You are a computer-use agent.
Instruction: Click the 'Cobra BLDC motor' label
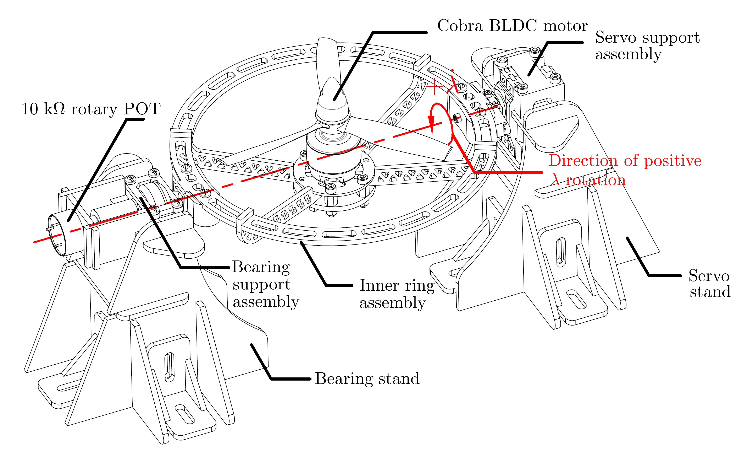(x=512, y=26)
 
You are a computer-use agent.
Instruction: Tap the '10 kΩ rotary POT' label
(x=91, y=109)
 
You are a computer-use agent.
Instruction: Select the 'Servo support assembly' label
(x=647, y=45)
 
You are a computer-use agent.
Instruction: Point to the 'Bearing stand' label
(x=367, y=379)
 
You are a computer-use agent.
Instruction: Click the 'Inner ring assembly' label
(x=397, y=294)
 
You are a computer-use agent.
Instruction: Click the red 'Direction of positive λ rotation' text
(x=625, y=170)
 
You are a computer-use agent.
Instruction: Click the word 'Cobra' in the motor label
(x=460, y=26)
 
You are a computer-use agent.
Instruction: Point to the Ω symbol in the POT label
(x=59, y=109)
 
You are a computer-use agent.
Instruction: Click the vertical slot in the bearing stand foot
(x=169, y=367)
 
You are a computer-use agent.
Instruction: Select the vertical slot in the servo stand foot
(x=561, y=252)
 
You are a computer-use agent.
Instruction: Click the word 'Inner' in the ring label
(x=379, y=286)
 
